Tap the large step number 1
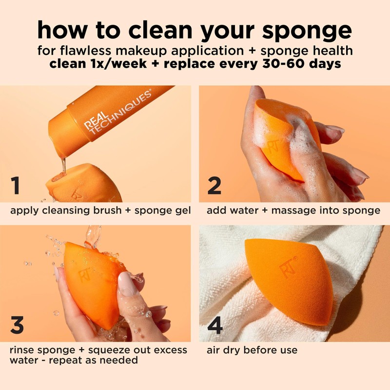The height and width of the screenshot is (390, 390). click(x=17, y=186)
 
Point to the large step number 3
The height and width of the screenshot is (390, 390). click(x=17, y=326)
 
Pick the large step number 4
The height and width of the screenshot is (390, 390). click(x=214, y=326)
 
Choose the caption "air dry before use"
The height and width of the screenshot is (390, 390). click(x=252, y=350)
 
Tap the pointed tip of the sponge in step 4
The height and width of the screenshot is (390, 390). click(x=249, y=241)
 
